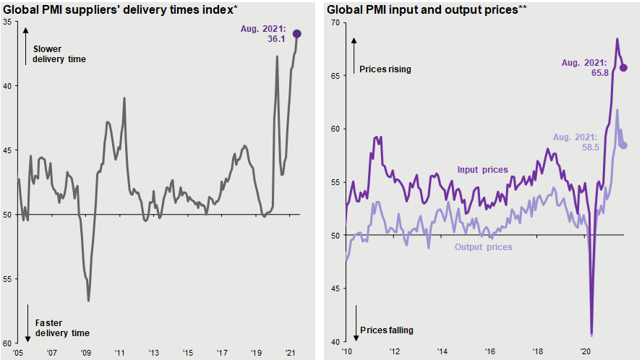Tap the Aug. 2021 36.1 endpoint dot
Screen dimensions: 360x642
click(x=297, y=34)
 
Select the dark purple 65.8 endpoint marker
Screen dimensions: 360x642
click(x=624, y=68)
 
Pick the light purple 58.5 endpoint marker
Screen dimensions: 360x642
click(x=624, y=145)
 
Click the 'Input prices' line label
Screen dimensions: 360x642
click(x=482, y=170)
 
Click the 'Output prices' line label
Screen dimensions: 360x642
click(x=484, y=247)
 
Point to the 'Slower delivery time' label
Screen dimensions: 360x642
click(x=60, y=54)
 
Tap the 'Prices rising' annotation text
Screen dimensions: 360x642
click(x=385, y=69)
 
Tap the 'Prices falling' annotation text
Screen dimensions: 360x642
click(x=386, y=330)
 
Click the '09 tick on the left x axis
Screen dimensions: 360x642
click(x=85, y=353)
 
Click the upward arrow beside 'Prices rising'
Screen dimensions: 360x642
click(x=355, y=54)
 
